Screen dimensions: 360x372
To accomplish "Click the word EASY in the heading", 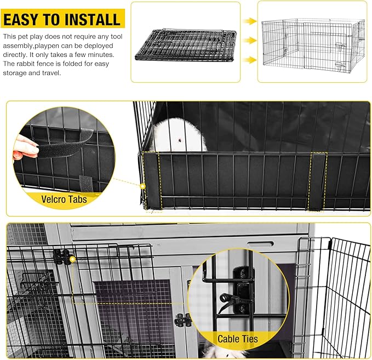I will (21, 20).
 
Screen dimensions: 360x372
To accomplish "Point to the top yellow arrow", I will (250, 21).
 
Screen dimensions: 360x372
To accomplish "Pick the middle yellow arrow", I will (250, 41).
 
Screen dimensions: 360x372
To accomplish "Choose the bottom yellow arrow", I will (250, 59).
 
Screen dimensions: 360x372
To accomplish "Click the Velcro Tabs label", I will (64, 199).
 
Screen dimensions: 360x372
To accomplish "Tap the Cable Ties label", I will (238, 339).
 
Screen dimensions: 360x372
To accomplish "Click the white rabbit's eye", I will (179, 141).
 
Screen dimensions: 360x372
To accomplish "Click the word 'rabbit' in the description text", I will (29, 64).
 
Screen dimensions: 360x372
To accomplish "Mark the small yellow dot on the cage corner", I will (142, 186).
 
